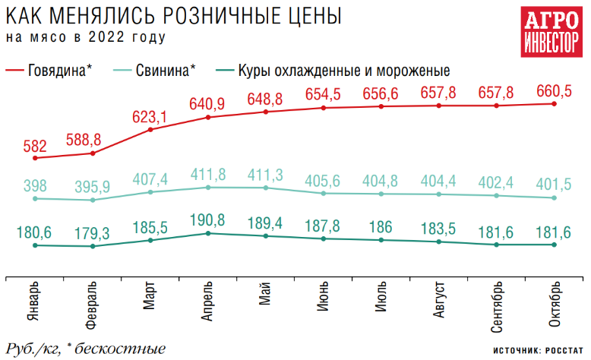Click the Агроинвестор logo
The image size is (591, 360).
548,33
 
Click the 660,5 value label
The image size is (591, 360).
552,91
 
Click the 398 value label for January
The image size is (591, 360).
35,186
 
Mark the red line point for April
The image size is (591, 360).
208,117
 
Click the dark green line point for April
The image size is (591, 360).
208,233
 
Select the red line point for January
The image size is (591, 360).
35,157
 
